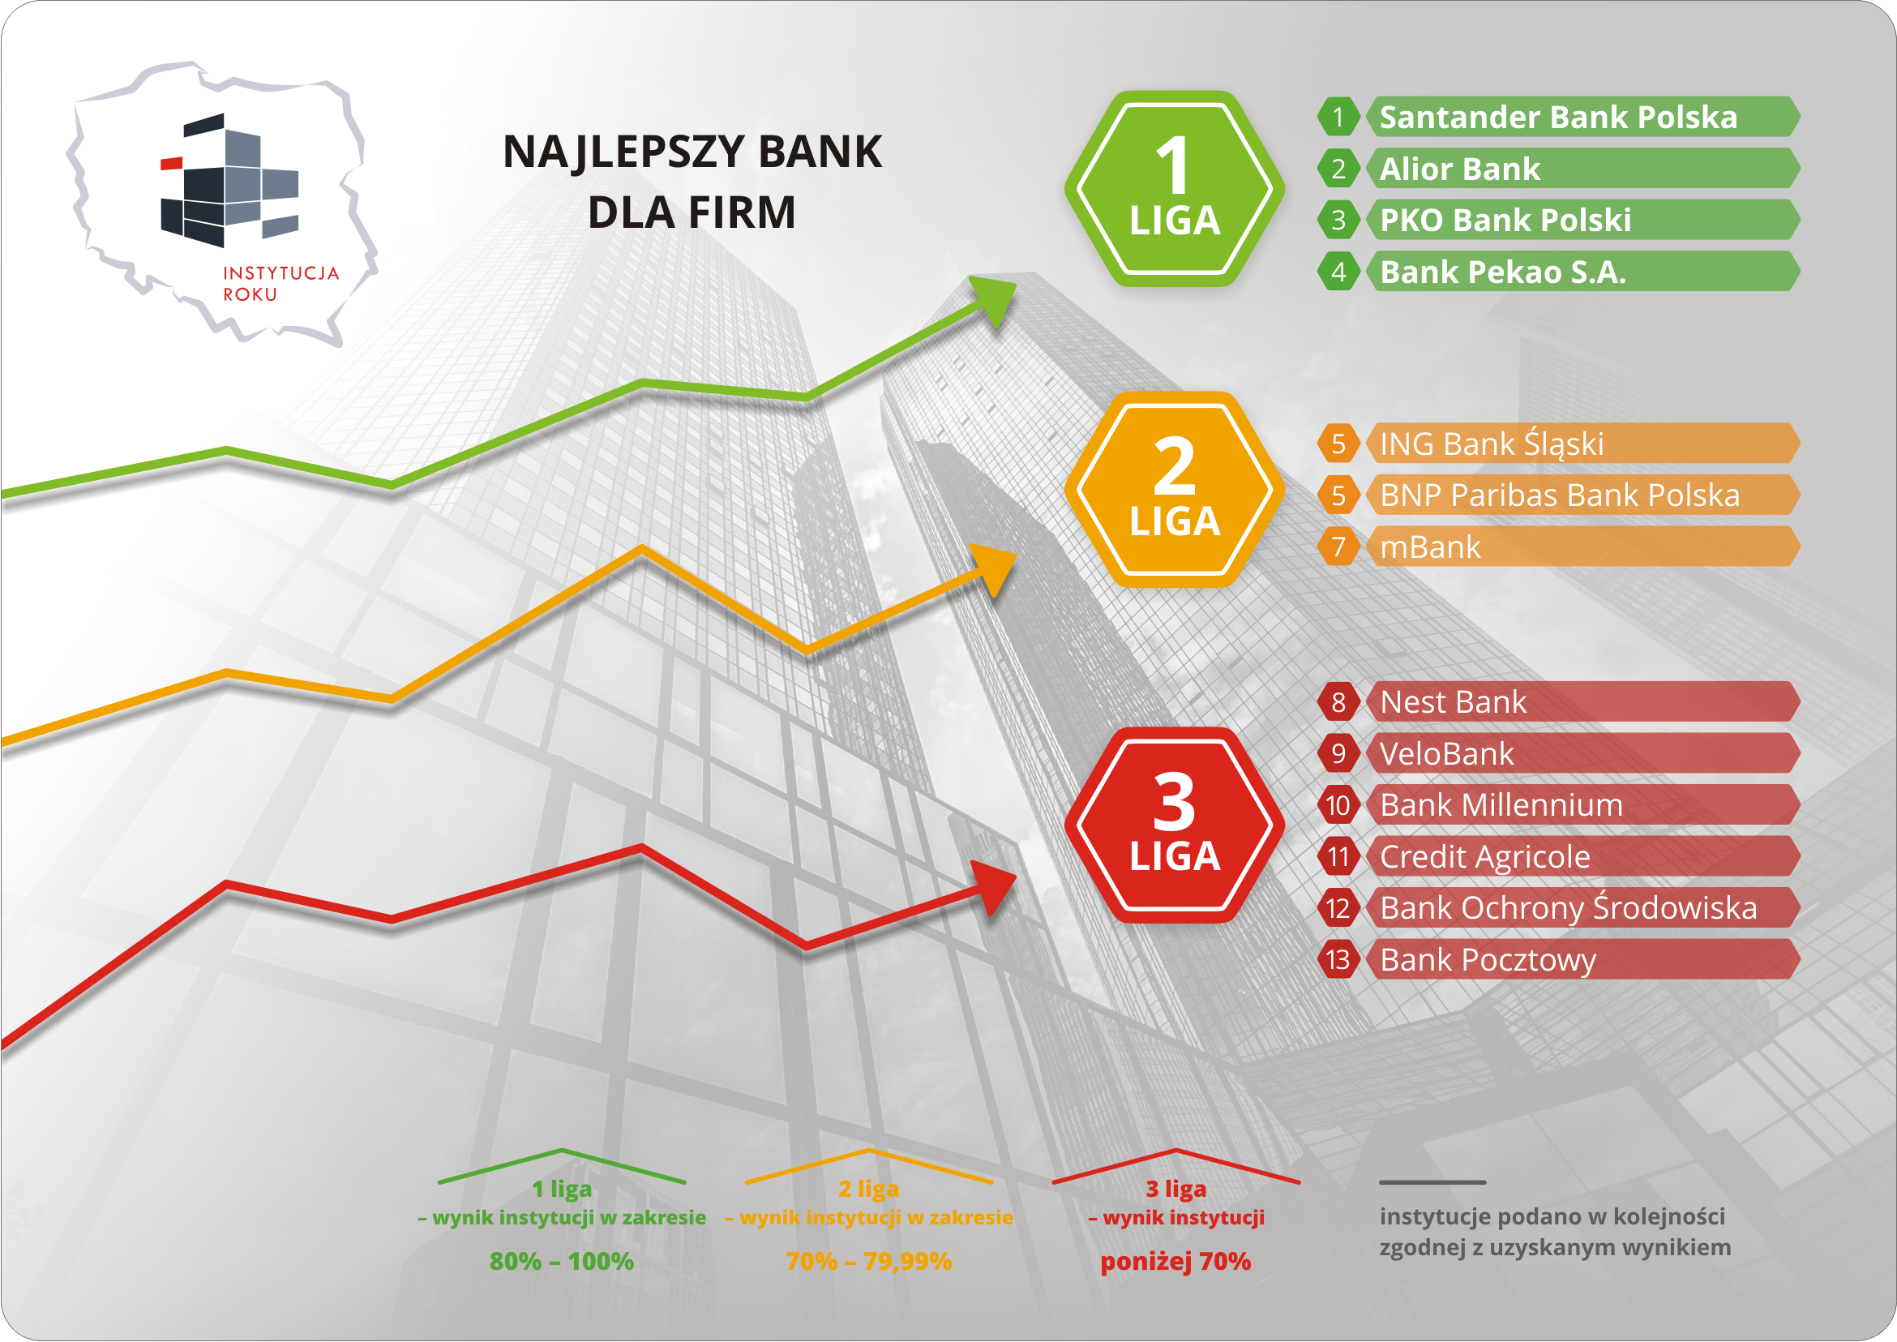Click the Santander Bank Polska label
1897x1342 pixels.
[x=1558, y=118]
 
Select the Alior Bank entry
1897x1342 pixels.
[x=1460, y=169]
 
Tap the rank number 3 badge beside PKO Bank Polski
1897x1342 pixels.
[x=1338, y=220]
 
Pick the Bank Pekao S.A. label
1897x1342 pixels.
[x=1503, y=272]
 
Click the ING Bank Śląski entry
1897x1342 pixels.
[x=1492, y=444]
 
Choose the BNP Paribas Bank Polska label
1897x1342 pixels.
[x=1560, y=495]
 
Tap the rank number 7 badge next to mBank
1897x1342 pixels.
[x=1338, y=547]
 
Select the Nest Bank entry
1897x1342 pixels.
[x=1454, y=701]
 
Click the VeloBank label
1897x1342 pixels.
[x=1447, y=753]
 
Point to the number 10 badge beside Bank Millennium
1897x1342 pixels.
[x=1338, y=805]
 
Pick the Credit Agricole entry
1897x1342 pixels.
[x=1484, y=857]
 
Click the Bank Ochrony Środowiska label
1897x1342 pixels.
[x=1568, y=908]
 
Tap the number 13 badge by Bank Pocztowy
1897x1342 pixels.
[x=1338, y=959]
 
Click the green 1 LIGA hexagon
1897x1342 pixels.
[x=1174, y=188]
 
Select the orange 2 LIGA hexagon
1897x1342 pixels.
[x=1174, y=489]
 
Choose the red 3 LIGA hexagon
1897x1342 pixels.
[x=1174, y=825]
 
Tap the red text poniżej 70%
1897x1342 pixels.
[x=1175, y=1262]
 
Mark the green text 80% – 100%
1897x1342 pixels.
[x=562, y=1261]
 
